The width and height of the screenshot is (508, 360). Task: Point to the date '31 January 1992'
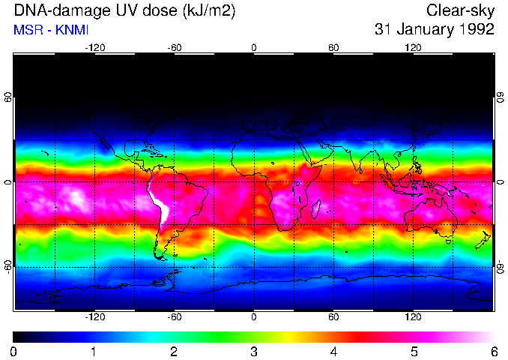pos(435,30)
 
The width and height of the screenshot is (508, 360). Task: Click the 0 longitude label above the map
pos(254,48)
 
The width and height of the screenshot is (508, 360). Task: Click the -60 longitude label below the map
pos(175,317)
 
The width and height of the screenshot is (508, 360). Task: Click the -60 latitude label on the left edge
pos(8,266)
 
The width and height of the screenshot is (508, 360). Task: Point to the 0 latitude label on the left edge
pos(8,182)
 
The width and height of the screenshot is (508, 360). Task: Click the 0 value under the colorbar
pos(14,351)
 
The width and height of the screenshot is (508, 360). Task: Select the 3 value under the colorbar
pos(254,351)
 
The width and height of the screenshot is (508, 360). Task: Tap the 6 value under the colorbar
pos(494,351)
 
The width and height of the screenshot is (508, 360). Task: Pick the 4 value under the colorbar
pos(333,351)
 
